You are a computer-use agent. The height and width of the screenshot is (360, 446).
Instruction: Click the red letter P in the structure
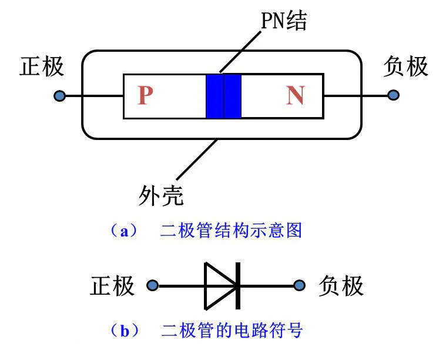[x=145, y=95]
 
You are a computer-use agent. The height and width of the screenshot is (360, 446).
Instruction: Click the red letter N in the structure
[x=295, y=95]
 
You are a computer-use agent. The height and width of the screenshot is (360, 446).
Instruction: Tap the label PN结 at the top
[x=284, y=22]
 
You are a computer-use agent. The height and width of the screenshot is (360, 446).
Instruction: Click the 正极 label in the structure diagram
[x=42, y=66]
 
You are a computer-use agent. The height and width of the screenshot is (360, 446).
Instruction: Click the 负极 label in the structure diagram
[x=405, y=66]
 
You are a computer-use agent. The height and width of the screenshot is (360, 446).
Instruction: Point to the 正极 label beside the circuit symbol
[x=112, y=286]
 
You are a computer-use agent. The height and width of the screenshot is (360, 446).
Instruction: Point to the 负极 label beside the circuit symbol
[x=341, y=286]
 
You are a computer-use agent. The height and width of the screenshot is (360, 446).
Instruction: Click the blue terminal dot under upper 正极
[x=59, y=95]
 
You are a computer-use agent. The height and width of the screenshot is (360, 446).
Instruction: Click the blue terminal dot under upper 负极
[x=393, y=95]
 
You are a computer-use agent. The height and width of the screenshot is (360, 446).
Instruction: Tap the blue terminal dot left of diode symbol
[x=152, y=286]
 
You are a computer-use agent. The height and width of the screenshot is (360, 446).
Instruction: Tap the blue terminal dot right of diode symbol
[x=300, y=286]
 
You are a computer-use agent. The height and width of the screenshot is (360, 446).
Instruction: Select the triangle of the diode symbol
[x=217, y=286]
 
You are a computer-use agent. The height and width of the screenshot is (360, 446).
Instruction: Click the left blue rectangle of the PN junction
[x=214, y=96]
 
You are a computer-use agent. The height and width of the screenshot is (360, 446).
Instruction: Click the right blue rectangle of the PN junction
[x=233, y=96]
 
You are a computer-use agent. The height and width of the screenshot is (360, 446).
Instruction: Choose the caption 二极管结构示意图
[x=230, y=230]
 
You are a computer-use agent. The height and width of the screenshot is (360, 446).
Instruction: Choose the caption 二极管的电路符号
[x=232, y=331]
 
